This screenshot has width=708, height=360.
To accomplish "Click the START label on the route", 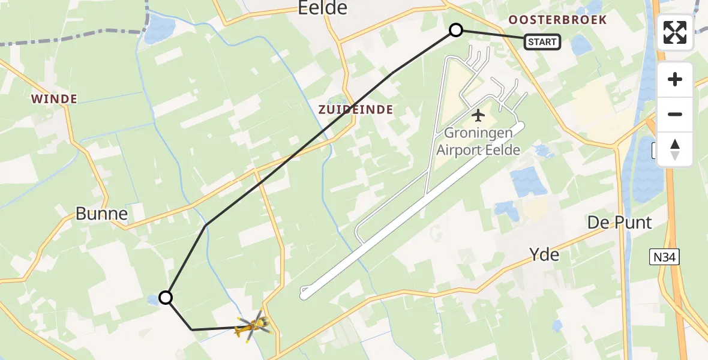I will (542, 42).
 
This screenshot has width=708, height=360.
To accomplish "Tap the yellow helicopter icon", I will (254, 326).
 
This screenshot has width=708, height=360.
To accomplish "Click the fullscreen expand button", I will (675, 32).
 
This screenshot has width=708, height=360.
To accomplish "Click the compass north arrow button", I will (675, 149).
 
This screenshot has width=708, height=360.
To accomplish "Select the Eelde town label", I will (323, 8).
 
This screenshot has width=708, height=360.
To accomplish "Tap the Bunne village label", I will (101, 214).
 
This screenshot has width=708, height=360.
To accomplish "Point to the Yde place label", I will (545, 254).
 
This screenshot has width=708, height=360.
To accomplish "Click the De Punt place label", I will (619, 223).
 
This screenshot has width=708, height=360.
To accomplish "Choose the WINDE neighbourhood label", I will (54, 99).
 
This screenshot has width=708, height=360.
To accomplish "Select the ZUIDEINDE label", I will (356, 110).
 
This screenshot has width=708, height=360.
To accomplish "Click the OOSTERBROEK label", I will (557, 20).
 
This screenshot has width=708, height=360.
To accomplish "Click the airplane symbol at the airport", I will (478, 114).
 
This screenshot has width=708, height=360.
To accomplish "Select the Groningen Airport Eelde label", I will (478, 142).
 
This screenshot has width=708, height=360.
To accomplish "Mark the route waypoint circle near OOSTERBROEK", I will (456, 30).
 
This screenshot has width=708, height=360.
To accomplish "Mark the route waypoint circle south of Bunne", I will (166, 297).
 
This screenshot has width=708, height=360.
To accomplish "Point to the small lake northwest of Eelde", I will (157, 28).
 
